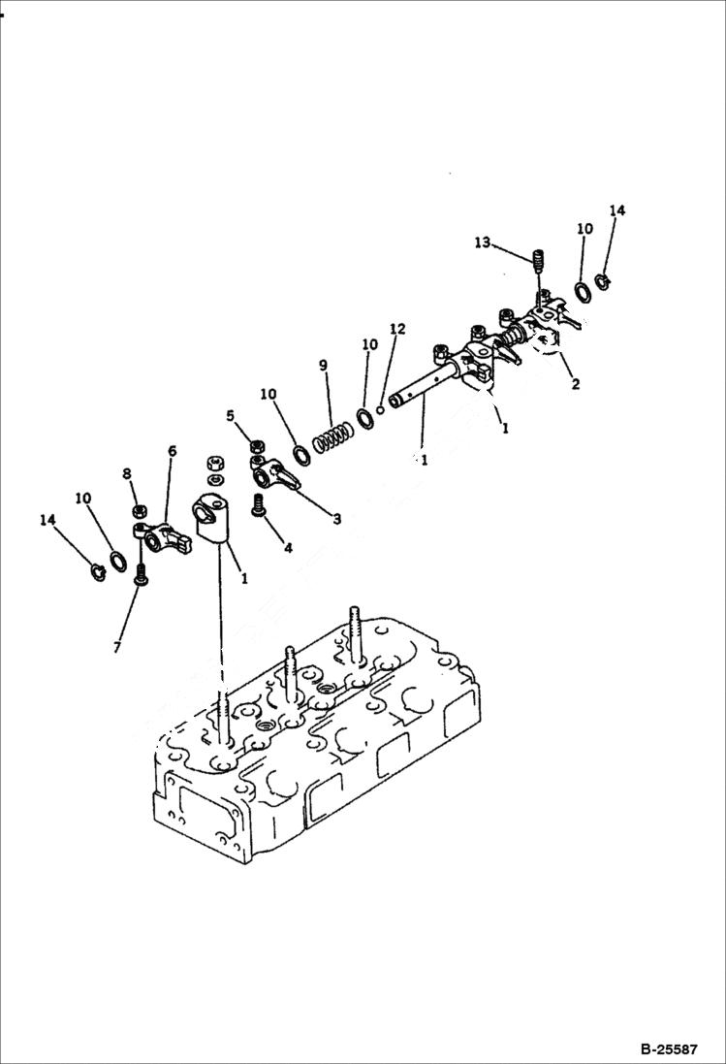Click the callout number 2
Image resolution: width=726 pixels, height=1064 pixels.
click(x=575, y=384)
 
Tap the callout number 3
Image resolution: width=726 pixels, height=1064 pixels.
click(x=336, y=520)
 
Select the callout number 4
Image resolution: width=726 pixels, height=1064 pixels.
click(x=287, y=548)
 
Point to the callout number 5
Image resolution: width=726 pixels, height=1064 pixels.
click(x=230, y=416)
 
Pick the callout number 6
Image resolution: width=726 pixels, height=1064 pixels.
click(x=172, y=451)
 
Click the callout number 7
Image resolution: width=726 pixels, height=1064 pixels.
click(x=117, y=647)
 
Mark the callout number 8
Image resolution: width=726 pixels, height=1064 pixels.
click(x=126, y=473)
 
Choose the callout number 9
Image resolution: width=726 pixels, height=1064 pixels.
click(x=324, y=365)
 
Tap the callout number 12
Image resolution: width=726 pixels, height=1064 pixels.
click(x=394, y=329)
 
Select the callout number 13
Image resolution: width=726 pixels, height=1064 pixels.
click(x=482, y=242)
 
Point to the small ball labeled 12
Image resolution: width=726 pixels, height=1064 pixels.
click(x=382, y=408)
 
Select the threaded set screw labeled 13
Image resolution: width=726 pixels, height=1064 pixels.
click(x=540, y=262)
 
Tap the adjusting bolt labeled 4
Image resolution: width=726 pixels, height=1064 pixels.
click(x=259, y=505)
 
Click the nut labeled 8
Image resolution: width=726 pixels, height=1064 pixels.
click(x=139, y=510)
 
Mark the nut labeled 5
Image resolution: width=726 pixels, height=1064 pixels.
click(x=258, y=446)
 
